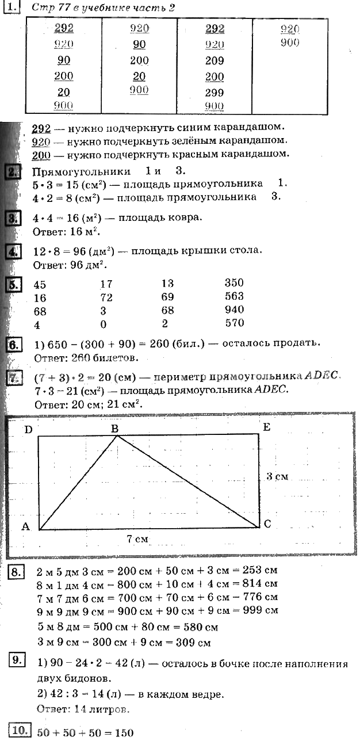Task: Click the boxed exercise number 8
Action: [17, 572]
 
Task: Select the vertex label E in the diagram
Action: [266, 427]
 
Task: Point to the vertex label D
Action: [28, 429]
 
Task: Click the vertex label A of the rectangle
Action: [25, 526]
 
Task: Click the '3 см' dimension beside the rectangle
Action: [277, 476]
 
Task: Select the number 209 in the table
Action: [215, 60]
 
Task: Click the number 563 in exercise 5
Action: [234, 296]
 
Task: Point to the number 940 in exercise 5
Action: [234, 310]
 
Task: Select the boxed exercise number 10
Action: [20, 731]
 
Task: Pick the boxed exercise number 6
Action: [13, 345]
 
